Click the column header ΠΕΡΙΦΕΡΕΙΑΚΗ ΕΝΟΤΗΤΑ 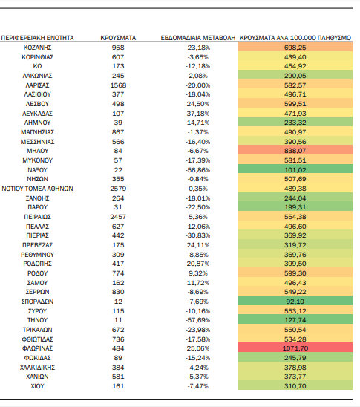coord(37,38)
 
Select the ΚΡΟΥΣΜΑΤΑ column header coord(118,38)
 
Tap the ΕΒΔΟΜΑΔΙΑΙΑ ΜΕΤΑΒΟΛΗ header coord(198,38)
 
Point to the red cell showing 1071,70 coord(295,348)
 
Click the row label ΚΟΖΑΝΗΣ coord(37,48)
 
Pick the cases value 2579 coord(118,189)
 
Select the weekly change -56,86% coord(198,170)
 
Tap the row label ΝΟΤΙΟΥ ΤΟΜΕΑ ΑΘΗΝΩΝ coord(37,189)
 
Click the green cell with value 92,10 coord(295,302)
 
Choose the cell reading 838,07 coord(295,151)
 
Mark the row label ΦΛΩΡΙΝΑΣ coord(37,348)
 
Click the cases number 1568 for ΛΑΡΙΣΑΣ coord(118,85)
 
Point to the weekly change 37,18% coord(198,114)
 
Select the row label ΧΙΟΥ coord(37,386)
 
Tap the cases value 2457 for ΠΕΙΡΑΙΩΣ coord(118,217)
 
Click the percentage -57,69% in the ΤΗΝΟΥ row coord(198,320)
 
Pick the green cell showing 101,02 coord(295,170)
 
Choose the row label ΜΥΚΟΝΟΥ coord(37,160)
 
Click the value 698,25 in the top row coord(295,48)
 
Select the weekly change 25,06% coord(198,348)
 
